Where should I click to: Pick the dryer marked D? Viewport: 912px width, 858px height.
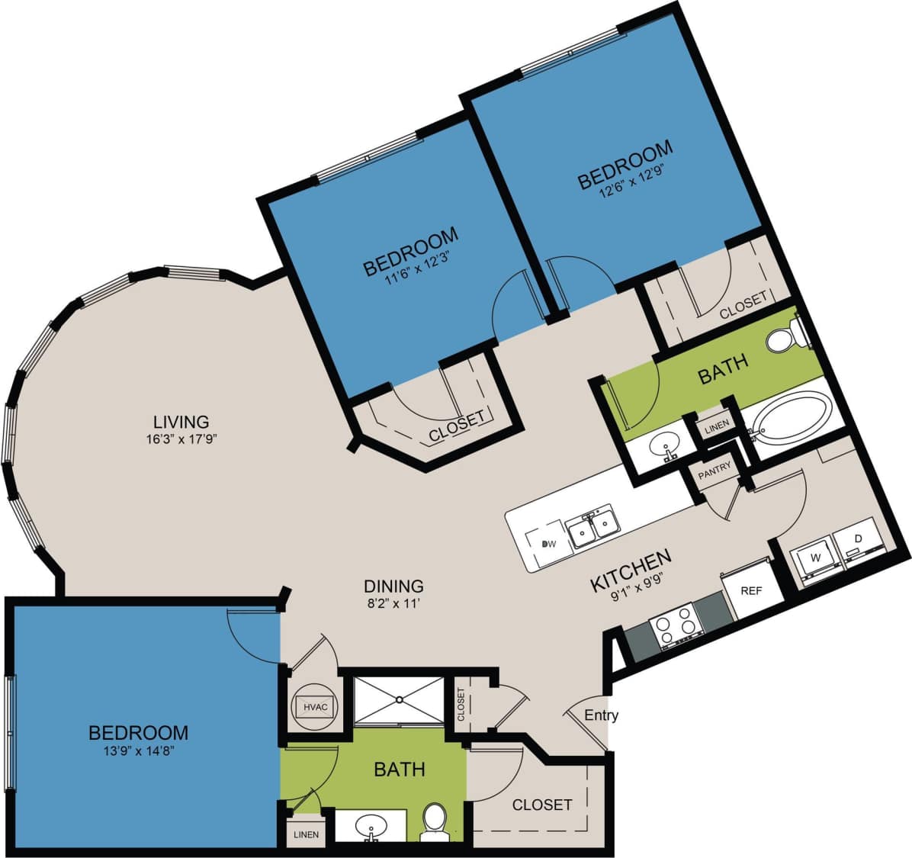859,540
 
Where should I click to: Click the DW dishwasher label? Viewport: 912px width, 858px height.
546,544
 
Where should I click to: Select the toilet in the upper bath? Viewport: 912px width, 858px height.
786,337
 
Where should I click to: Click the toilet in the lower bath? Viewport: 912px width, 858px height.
435,820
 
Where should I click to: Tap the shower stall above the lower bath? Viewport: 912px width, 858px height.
398,699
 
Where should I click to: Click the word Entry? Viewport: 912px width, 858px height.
601,715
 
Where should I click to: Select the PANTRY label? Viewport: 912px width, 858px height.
715,471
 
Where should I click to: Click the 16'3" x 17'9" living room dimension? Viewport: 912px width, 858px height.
181,439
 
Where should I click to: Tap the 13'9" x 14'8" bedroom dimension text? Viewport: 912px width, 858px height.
138,750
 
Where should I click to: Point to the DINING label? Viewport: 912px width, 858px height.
393,586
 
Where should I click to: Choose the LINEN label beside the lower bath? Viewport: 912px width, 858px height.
306,834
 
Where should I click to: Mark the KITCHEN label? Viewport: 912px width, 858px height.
631,570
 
